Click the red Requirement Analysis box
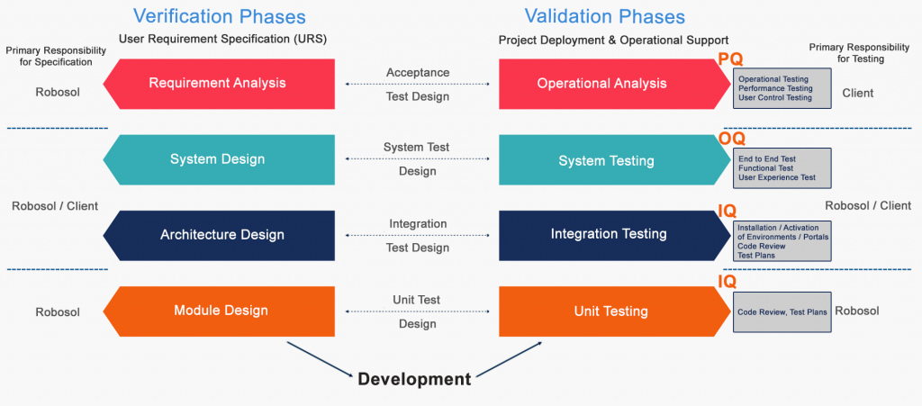[x=218, y=84]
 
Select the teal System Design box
[x=218, y=159]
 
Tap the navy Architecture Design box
[x=221, y=235]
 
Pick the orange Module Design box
[x=221, y=311]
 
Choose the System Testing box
[x=606, y=161]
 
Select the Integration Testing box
[x=609, y=234]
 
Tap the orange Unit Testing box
[x=610, y=311]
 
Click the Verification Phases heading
[x=219, y=16]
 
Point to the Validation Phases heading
[x=605, y=16]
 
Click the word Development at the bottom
[x=414, y=379]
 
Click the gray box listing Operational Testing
[x=781, y=88]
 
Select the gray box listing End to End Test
[x=781, y=167]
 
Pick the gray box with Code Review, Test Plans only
[x=781, y=311]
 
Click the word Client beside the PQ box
[x=857, y=93]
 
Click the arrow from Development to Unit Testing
[x=509, y=357]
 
